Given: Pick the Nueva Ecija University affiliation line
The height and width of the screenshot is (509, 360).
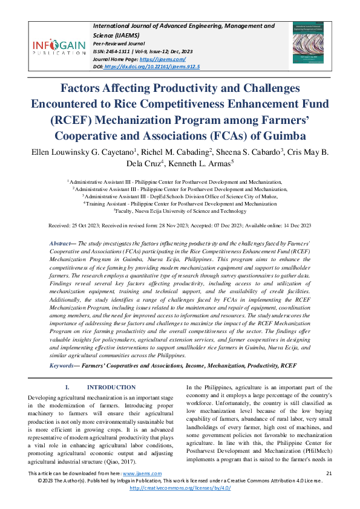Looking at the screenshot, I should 179,211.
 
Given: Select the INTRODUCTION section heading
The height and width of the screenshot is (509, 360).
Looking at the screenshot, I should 111,387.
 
